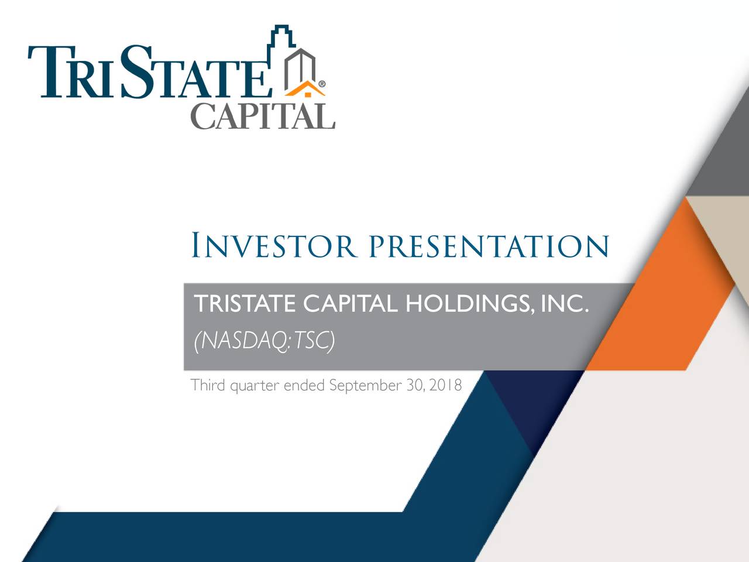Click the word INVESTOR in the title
[x=273, y=246]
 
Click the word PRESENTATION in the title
[x=489, y=246]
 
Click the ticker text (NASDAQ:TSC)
[x=264, y=340]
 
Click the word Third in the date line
[x=208, y=385]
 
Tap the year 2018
[x=445, y=385]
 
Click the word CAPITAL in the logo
[x=263, y=116]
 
